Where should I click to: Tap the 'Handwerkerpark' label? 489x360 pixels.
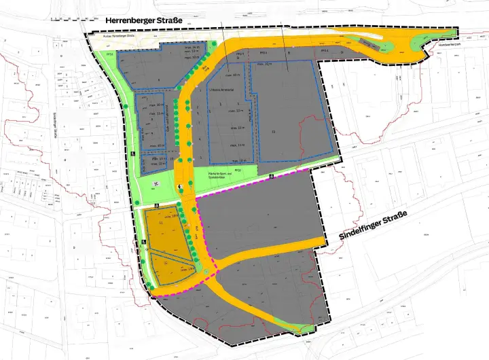tap(449, 44)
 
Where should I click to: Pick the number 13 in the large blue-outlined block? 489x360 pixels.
tap(274, 131)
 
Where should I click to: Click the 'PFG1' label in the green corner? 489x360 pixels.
tap(109, 54)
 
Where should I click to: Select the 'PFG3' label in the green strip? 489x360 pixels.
tap(238, 170)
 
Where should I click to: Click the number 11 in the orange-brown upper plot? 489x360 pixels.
tap(161, 223)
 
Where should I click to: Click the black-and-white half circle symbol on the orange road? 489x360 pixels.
tap(179, 186)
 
